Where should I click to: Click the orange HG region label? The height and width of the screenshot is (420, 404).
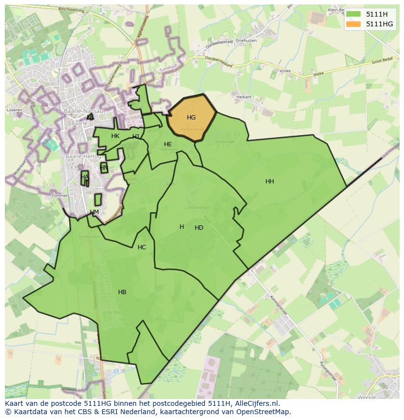[191, 118]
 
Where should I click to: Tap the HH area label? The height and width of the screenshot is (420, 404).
[269, 181]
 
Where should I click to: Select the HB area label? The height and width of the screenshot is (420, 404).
[122, 292]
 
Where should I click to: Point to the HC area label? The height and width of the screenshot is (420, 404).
[141, 247]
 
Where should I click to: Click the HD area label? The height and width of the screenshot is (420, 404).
[199, 228]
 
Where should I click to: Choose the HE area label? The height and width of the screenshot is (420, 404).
[168, 144]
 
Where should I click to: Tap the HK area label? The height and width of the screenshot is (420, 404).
[115, 136]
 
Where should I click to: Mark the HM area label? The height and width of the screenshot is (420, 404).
[94, 212]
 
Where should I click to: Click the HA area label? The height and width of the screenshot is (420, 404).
[85, 177]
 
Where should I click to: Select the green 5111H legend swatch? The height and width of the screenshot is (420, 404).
[353, 14]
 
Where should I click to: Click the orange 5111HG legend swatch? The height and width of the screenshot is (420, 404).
[353, 24]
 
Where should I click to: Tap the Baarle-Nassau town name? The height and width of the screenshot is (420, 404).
[83, 111]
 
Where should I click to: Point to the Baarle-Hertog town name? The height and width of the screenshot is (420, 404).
[83, 157]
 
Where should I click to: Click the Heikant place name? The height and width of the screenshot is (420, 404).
[243, 97]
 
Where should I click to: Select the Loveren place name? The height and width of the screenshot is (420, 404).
[14, 110]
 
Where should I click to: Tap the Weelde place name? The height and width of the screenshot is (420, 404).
[366, 397]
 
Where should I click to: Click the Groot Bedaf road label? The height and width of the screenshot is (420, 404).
[382, 62]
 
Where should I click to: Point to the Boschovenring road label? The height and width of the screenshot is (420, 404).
[71, 9]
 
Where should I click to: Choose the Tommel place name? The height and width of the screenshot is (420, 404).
[60, 196]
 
